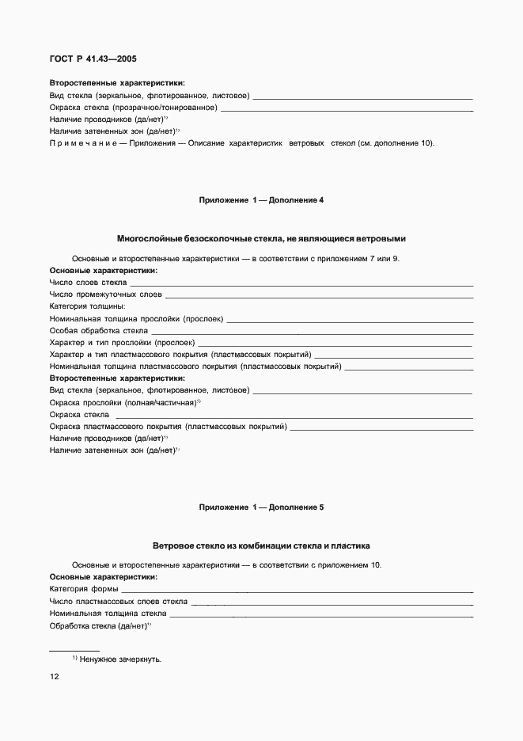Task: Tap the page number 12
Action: [55, 677]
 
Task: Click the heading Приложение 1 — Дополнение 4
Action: [261, 200]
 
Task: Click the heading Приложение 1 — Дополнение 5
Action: [261, 507]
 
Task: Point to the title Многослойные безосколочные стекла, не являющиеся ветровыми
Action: [261, 238]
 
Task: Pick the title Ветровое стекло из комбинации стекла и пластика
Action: [261, 545]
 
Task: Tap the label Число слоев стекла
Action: [87, 282]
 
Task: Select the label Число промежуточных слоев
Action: [105, 294]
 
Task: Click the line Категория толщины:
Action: [87, 306]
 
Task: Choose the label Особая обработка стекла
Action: [98, 330]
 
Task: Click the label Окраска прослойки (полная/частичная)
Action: [123, 403]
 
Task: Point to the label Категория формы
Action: [83, 589]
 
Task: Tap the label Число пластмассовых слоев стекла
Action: [118, 602]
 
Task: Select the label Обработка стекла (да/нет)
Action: [98, 625]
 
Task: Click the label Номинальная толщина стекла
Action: [107, 614]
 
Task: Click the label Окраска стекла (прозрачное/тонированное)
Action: [133, 108]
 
